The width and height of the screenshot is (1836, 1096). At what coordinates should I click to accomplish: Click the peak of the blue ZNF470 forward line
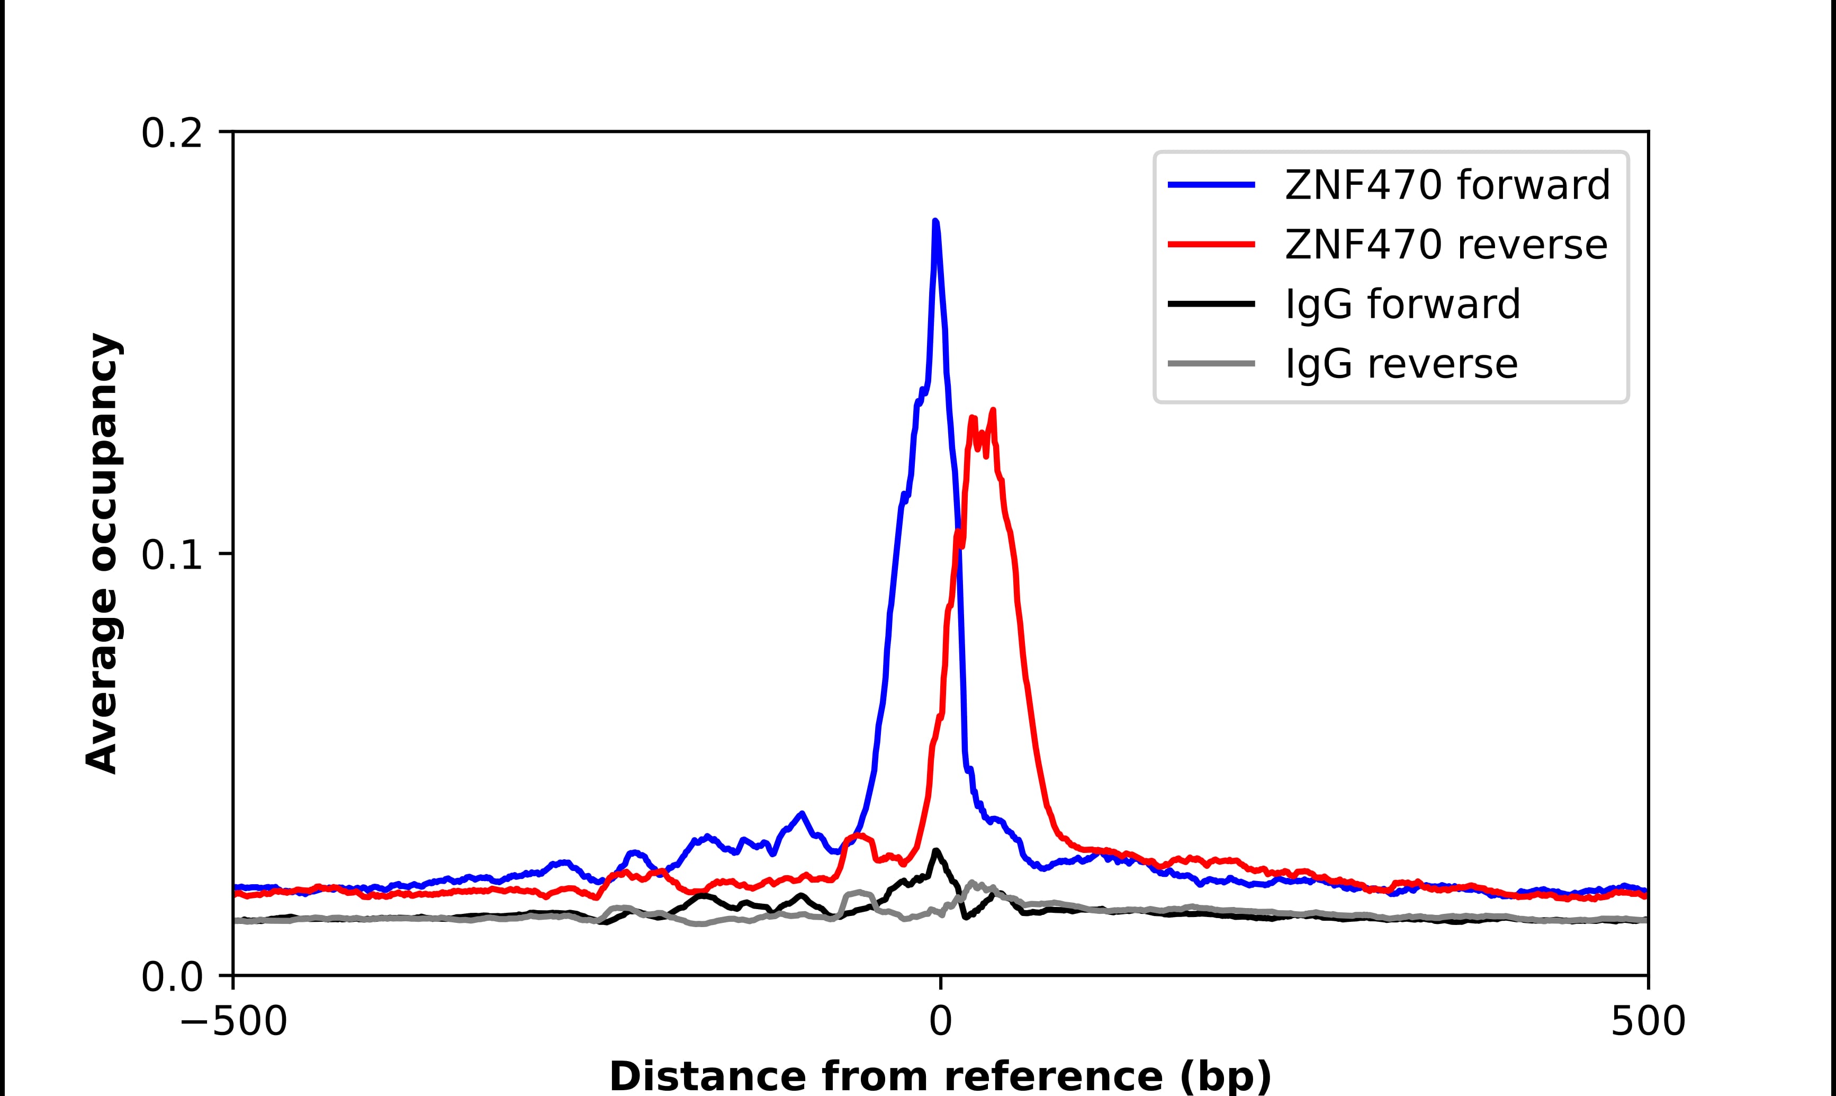tap(935, 221)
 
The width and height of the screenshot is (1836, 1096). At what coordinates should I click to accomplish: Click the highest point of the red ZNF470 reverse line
tap(993, 411)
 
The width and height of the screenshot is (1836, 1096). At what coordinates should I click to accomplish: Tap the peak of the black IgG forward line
tap(936, 851)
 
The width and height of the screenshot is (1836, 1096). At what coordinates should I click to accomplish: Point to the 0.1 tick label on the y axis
tap(172, 555)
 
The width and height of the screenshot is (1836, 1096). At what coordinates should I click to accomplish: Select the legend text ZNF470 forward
tap(1447, 185)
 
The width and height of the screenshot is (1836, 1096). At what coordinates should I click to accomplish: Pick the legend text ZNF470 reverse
tap(1445, 245)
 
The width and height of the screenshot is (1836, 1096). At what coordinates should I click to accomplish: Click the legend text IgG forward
tap(1402, 304)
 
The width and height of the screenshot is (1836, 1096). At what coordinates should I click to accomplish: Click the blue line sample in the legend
tap(1211, 185)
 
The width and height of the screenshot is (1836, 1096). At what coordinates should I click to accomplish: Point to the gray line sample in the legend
tap(1211, 363)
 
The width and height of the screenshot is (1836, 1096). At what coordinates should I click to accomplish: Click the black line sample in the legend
tap(1211, 303)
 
